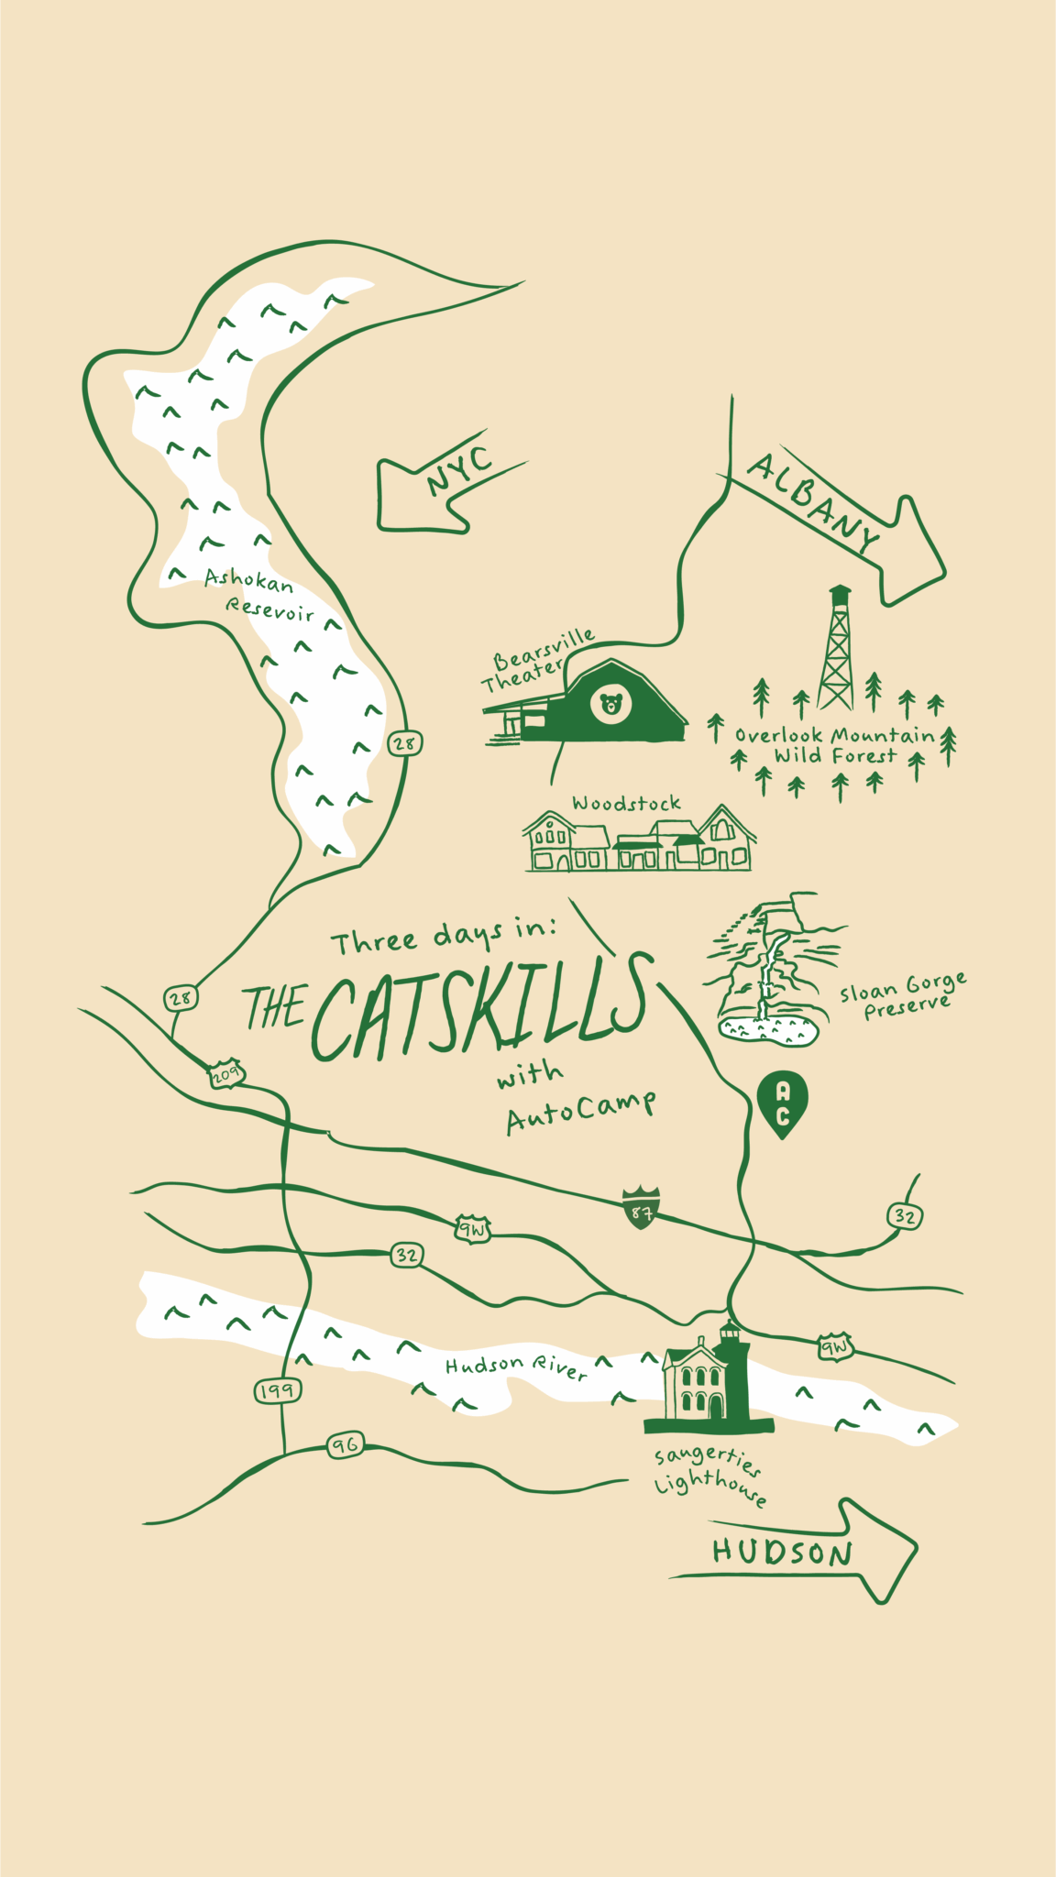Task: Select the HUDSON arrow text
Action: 782,1552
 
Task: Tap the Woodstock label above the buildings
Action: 626,804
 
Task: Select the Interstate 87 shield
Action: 641,1207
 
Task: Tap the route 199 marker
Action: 277,1391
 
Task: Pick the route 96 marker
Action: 346,1446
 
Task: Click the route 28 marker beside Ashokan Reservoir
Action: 404,743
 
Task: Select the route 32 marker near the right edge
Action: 905,1216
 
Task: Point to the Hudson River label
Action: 515,1367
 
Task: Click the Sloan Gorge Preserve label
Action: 903,996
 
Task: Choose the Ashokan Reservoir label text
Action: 259,595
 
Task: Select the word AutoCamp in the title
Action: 581,1111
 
